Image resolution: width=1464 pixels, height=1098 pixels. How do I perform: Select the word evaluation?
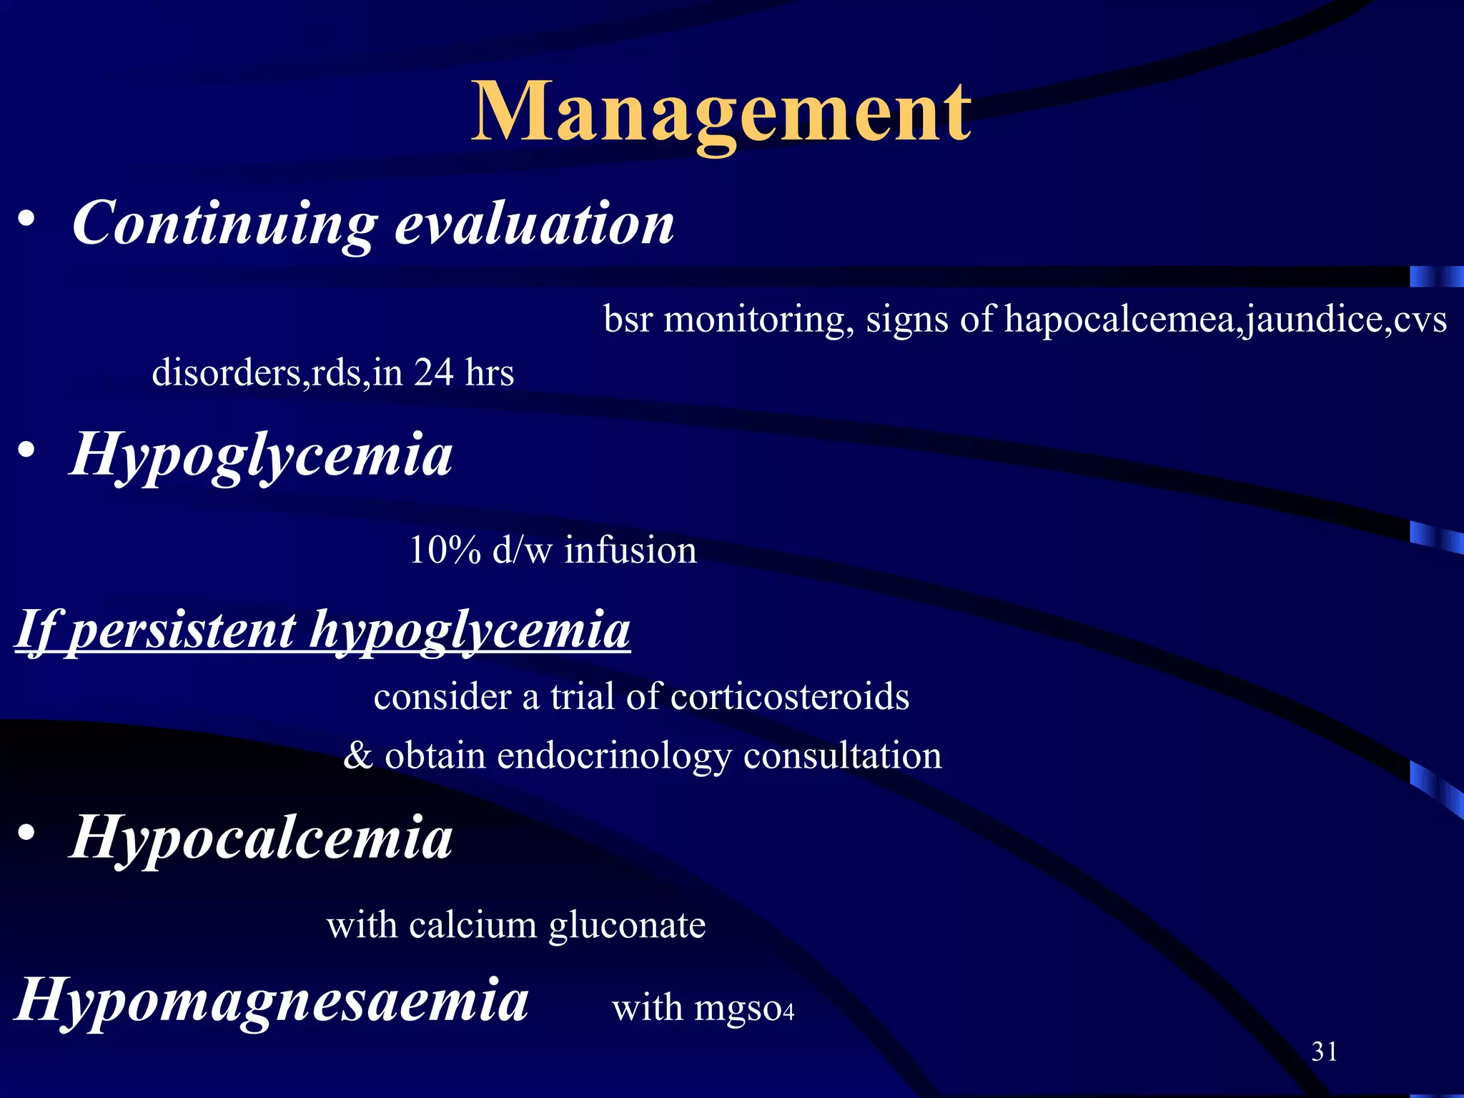(534, 223)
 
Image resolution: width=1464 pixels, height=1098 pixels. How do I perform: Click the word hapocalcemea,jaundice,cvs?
(1225, 319)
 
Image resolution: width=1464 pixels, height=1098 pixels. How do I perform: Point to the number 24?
(433, 372)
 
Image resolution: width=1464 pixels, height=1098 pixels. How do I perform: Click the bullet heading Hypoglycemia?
(261, 456)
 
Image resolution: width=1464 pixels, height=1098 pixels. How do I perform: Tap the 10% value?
(445, 550)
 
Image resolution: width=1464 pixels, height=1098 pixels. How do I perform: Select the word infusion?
(630, 550)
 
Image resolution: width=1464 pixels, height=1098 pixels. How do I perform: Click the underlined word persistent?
(183, 630)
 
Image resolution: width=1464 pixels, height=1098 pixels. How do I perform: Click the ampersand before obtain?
(357, 756)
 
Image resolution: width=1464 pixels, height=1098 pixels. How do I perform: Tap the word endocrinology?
(614, 756)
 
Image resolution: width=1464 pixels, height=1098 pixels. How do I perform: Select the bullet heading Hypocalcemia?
(261, 838)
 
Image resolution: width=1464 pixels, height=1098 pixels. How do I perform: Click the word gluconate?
(627, 926)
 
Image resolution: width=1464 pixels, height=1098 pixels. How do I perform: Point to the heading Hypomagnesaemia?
(272, 999)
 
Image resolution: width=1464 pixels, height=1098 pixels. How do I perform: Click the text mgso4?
(744, 1009)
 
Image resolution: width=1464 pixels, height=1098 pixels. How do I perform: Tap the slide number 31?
(1325, 1052)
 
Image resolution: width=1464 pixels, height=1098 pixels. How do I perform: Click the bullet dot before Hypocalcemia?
(26, 833)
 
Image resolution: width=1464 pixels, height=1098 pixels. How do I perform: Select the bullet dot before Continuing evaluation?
(26, 218)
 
